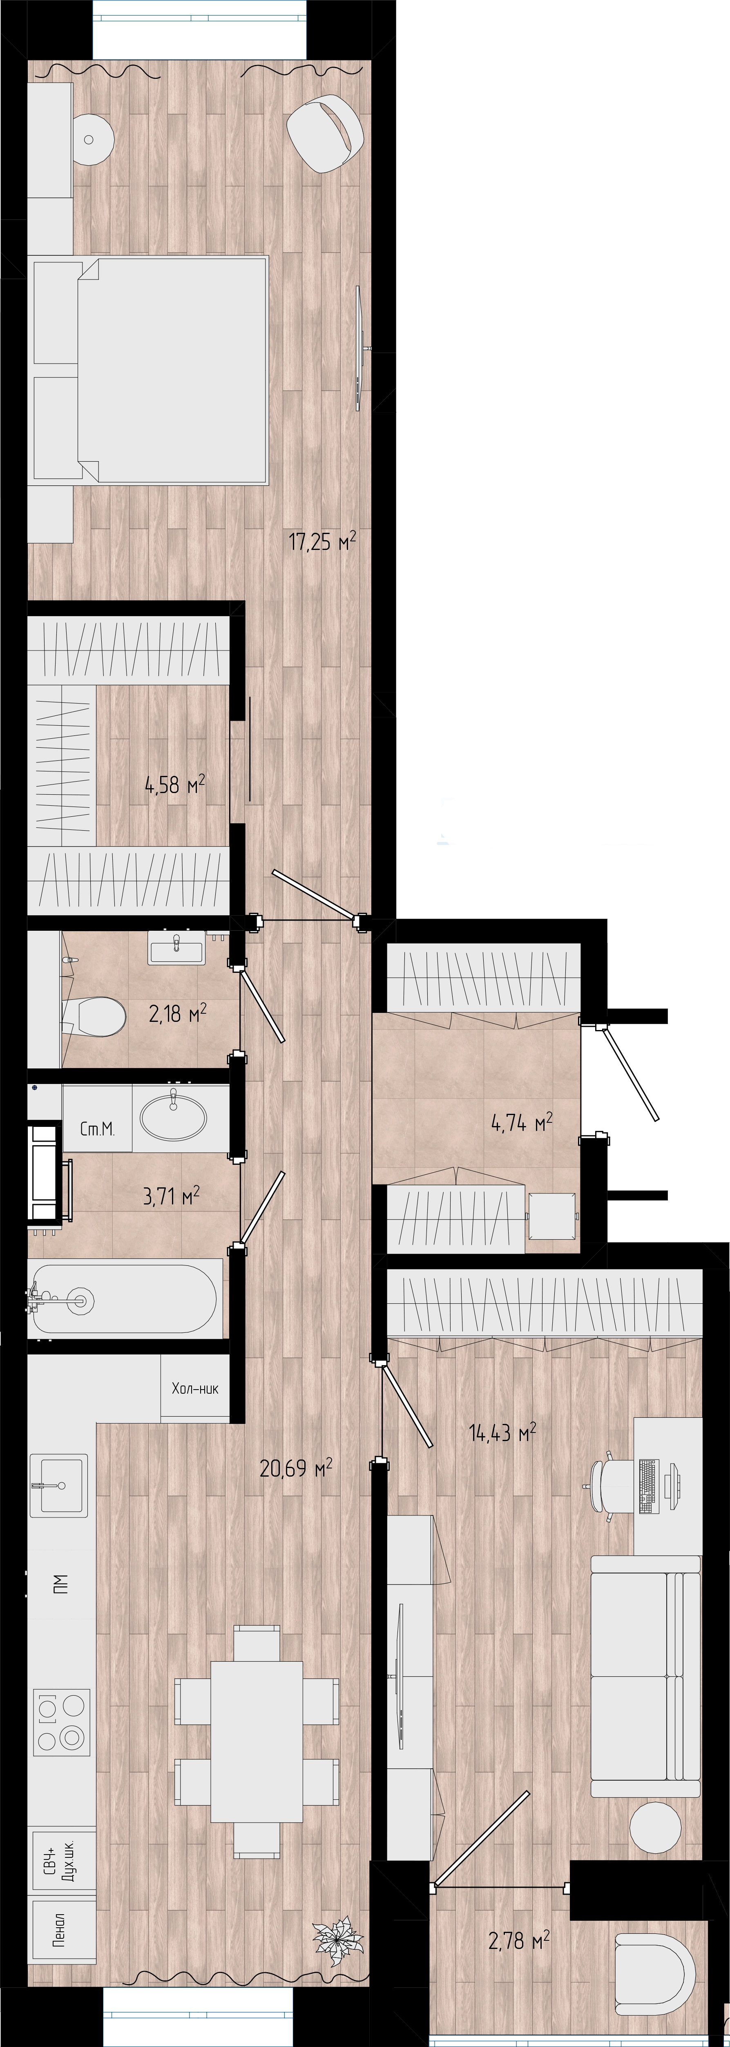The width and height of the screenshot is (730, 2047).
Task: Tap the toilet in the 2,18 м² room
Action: tap(94, 1016)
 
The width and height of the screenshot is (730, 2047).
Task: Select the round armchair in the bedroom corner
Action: tap(325, 133)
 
